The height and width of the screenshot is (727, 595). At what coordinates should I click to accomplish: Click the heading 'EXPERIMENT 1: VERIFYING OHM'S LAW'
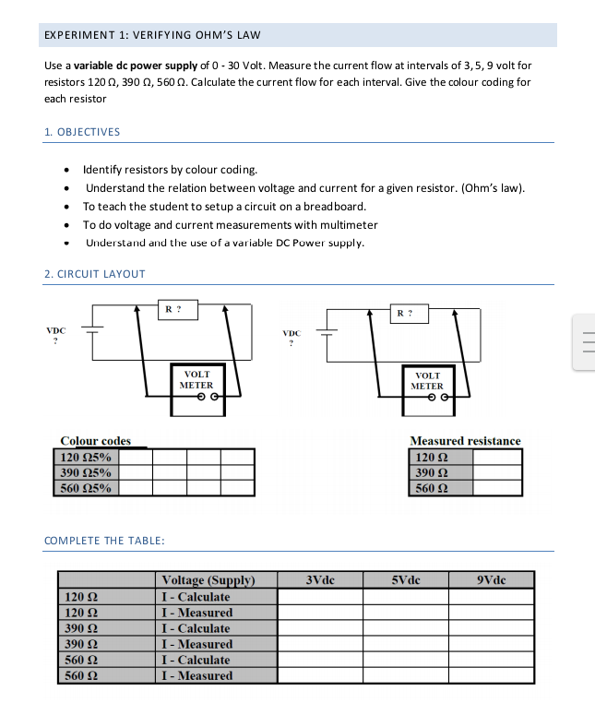pos(153,35)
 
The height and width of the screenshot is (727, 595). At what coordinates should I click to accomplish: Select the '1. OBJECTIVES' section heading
pos(82,132)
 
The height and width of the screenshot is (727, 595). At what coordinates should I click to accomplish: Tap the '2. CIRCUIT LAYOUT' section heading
pos(95,274)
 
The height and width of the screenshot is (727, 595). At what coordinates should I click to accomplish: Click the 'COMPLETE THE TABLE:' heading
pos(104,541)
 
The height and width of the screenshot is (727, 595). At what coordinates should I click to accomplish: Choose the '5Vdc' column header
pos(406,580)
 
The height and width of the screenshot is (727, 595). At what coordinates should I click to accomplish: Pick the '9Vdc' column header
pos(492,580)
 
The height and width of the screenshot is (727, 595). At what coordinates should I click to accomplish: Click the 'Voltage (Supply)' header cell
pos(208,580)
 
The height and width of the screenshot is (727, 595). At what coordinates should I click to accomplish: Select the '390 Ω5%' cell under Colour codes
pos(87,472)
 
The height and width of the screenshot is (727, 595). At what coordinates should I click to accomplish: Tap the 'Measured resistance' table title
pos(465,441)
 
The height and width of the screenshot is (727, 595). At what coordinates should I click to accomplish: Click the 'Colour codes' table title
pos(96,441)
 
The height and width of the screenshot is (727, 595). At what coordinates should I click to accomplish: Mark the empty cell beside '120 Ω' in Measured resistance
pos(503,457)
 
